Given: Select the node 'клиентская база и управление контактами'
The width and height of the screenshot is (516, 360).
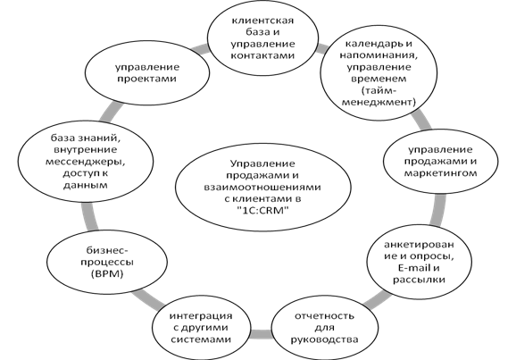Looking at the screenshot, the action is click(x=262, y=38).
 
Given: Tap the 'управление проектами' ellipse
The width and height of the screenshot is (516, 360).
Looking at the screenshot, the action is click(x=147, y=72).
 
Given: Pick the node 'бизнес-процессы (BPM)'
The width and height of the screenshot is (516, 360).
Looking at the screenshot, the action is click(x=107, y=262).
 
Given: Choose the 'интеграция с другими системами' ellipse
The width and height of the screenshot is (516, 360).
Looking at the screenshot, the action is click(x=201, y=328).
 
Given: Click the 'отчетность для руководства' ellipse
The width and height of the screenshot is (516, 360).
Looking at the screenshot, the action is click(x=324, y=328).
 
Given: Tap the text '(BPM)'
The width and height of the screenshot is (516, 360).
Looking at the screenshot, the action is click(x=106, y=274).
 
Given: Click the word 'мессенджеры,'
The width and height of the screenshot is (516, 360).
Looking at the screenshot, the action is click(x=86, y=162).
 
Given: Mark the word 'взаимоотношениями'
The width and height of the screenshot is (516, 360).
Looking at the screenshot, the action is click(x=262, y=187).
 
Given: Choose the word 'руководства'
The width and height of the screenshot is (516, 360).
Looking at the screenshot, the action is click(x=324, y=339).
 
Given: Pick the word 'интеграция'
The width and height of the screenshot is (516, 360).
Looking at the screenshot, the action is click(x=201, y=316).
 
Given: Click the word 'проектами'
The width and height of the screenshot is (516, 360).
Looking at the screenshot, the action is click(x=146, y=79).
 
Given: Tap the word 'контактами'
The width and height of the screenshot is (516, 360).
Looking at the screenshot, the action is click(x=262, y=55).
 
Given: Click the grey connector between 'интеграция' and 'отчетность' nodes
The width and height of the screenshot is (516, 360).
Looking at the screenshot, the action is click(x=262, y=334).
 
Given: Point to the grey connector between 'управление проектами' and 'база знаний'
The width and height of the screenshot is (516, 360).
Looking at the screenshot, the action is click(x=111, y=113).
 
